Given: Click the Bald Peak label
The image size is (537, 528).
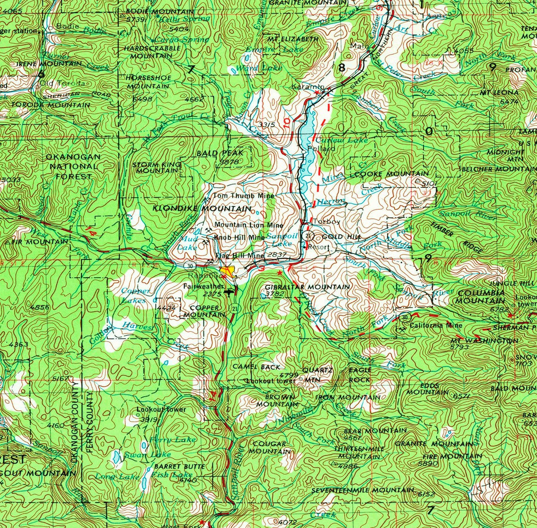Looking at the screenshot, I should tap(220, 153).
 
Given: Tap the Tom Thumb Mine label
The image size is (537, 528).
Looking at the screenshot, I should tap(244, 196).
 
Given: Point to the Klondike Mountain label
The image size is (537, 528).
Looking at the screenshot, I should tap(202, 208).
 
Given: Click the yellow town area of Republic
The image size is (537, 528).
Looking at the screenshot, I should tap(229, 272).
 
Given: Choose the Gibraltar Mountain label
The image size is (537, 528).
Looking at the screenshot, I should tap(307, 287).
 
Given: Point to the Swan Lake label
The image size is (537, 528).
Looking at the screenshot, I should tap(140, 455).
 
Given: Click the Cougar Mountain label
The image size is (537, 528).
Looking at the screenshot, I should tap(269, 448).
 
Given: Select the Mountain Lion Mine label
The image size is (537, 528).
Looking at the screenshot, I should tap(249, 225).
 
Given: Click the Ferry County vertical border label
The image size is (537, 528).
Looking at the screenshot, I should tap(89, 421).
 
